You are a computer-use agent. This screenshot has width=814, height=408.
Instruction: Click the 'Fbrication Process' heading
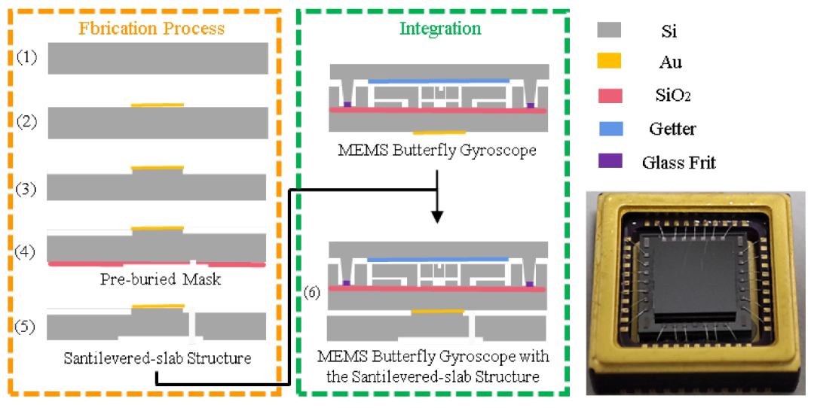pos(151,28)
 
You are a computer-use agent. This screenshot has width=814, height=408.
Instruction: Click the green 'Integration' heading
pos(440,28)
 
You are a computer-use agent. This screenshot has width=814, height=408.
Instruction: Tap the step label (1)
pos(26,57)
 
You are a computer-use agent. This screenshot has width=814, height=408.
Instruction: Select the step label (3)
pos(26,189)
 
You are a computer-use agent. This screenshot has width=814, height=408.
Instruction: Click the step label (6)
pos(312,292)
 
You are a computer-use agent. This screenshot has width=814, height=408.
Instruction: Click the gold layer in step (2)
pos(157,105)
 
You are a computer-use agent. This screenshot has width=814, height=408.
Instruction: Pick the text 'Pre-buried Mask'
pos(161,279)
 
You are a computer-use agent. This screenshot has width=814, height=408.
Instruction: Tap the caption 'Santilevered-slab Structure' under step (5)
pos(158,358)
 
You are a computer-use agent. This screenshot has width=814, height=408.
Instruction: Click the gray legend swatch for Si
pos(610,30)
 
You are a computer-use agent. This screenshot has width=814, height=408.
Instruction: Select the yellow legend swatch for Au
pos(610,62)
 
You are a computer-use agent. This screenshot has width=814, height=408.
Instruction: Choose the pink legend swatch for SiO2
pos(610,96)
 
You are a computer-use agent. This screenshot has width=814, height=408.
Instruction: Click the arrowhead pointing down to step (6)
pos(437,217)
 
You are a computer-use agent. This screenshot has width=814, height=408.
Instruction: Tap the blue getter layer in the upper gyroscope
pos(439,81)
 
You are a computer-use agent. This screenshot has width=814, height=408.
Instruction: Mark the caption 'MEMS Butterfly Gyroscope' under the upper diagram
pos(436,151)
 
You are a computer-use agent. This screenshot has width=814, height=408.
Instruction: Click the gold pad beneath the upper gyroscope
pos(439,133)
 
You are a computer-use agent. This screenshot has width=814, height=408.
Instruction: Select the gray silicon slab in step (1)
pos(158,58)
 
